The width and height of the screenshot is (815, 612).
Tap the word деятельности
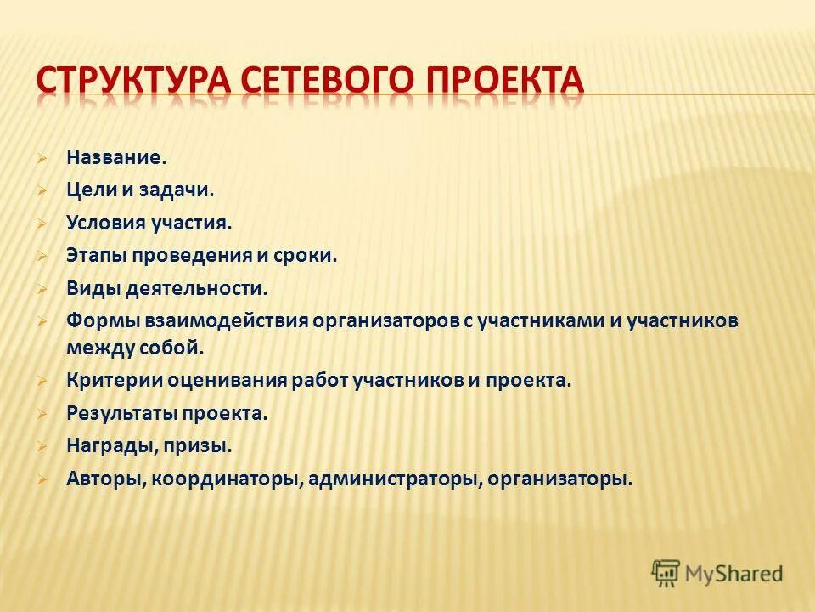coord(197,288)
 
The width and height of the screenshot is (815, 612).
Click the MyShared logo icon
coord(666,574)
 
